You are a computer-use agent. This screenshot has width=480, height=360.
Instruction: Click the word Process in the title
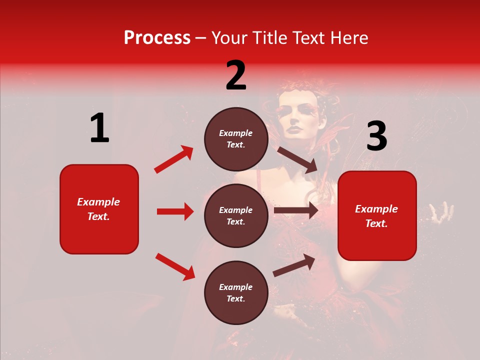coord(157,37)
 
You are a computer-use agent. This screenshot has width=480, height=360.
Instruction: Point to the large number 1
coord(99,128)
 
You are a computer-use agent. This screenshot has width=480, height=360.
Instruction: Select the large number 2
coord(236,75)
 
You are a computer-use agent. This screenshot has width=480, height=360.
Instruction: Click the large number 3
coord(376,136)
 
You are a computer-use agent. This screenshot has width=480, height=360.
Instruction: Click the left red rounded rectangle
coord(99,209)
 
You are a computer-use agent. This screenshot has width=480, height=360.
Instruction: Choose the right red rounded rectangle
coord(377,215)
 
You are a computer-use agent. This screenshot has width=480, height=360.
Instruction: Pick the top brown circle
coord(236,139)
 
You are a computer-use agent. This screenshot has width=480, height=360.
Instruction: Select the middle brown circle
coord(236,215)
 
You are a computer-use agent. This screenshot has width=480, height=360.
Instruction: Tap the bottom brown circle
coord(236,292)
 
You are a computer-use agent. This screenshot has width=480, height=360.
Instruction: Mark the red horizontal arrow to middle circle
coord(175,211)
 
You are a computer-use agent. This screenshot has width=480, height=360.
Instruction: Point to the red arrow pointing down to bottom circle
coord(175,266)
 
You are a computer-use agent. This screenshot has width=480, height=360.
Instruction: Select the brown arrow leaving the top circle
coord(297,160)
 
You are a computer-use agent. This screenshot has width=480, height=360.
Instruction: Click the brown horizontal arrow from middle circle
coord(295,210)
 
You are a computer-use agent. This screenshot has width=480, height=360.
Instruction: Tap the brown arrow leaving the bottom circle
coord(294,265)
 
